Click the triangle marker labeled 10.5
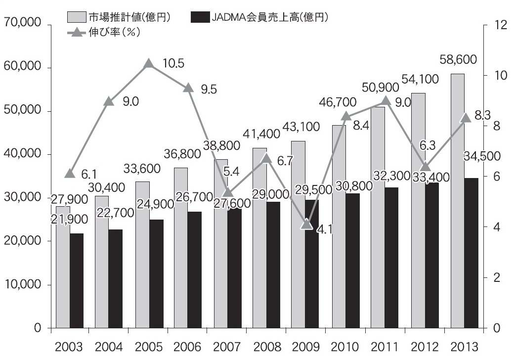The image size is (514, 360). pos(149,64)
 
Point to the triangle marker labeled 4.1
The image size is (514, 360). pos(307,224)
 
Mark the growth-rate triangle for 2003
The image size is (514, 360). pos(70,173)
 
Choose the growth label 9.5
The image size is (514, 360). pos(209,89)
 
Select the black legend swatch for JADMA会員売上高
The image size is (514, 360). pos(197,17)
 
